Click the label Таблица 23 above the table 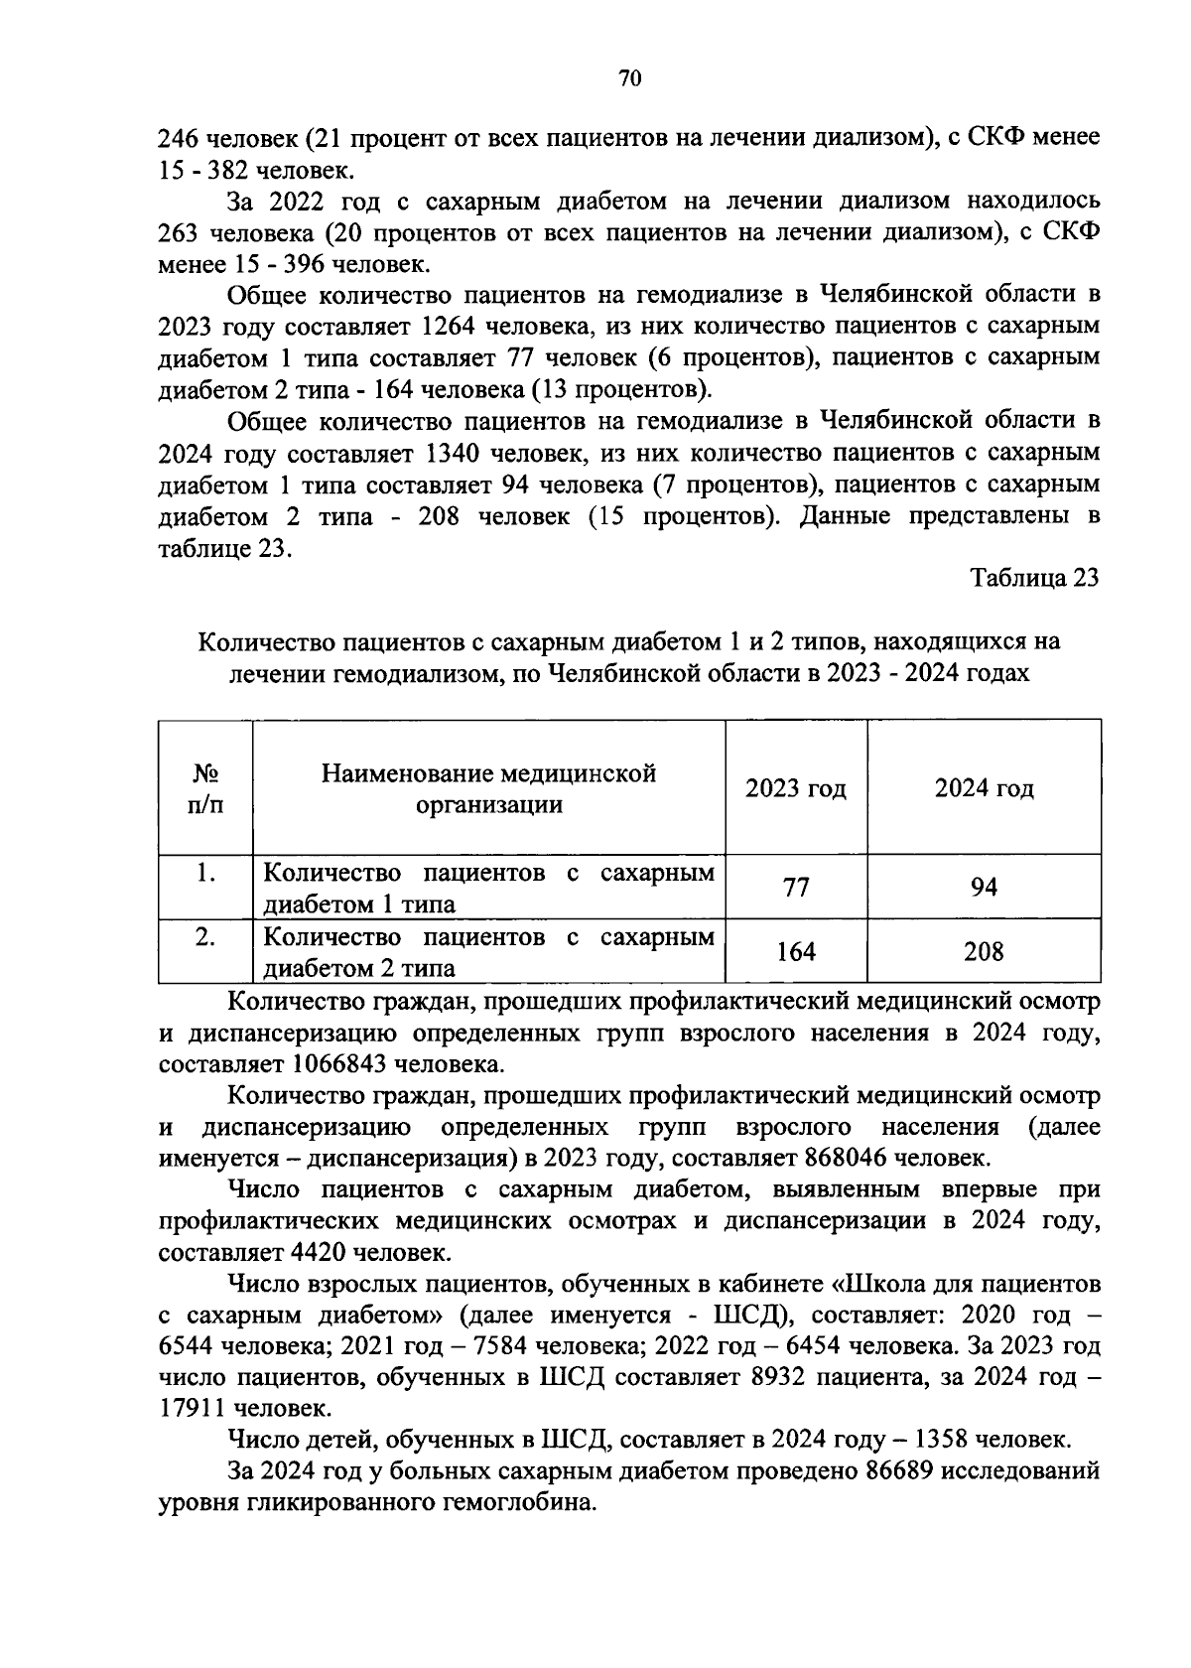click(1034, 579)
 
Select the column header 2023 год click(796, 788)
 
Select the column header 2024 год click(984, 788)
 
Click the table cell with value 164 click(796, 952)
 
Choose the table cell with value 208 click(984, 952)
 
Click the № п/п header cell click(205, 788)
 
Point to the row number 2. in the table click(205, 937)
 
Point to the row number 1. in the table click(205, 874)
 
